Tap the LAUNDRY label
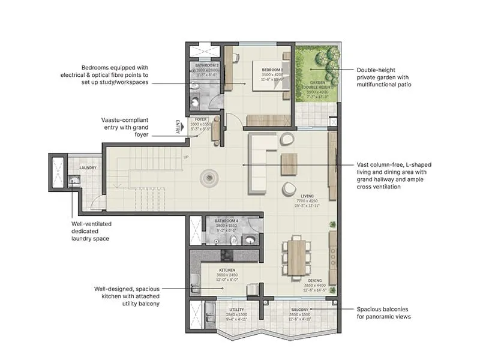pos(88,167)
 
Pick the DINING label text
pos(315,280)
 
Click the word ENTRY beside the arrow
pos(178,126)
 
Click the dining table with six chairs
pos(296,257)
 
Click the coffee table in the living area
pos(289,164)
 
